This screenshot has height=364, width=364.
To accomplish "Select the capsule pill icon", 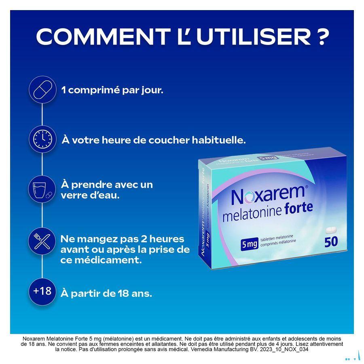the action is point(43,90).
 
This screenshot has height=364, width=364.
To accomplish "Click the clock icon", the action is point(43,139).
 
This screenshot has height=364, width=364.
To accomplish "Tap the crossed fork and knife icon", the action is point(42,241).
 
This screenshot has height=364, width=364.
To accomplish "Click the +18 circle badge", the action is point(42,291).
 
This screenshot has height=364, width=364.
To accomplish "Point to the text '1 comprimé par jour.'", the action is point(112,90).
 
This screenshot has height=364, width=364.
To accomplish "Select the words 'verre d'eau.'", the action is point(90,195).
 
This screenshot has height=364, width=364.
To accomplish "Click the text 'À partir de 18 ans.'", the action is point(106,294).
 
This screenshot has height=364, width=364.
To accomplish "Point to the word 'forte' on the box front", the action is point(299,207).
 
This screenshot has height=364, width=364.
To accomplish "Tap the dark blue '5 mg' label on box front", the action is point(250,244).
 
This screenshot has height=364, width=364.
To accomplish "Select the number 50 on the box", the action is point(331,242).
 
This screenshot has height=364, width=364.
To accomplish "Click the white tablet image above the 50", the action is point(331,230).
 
